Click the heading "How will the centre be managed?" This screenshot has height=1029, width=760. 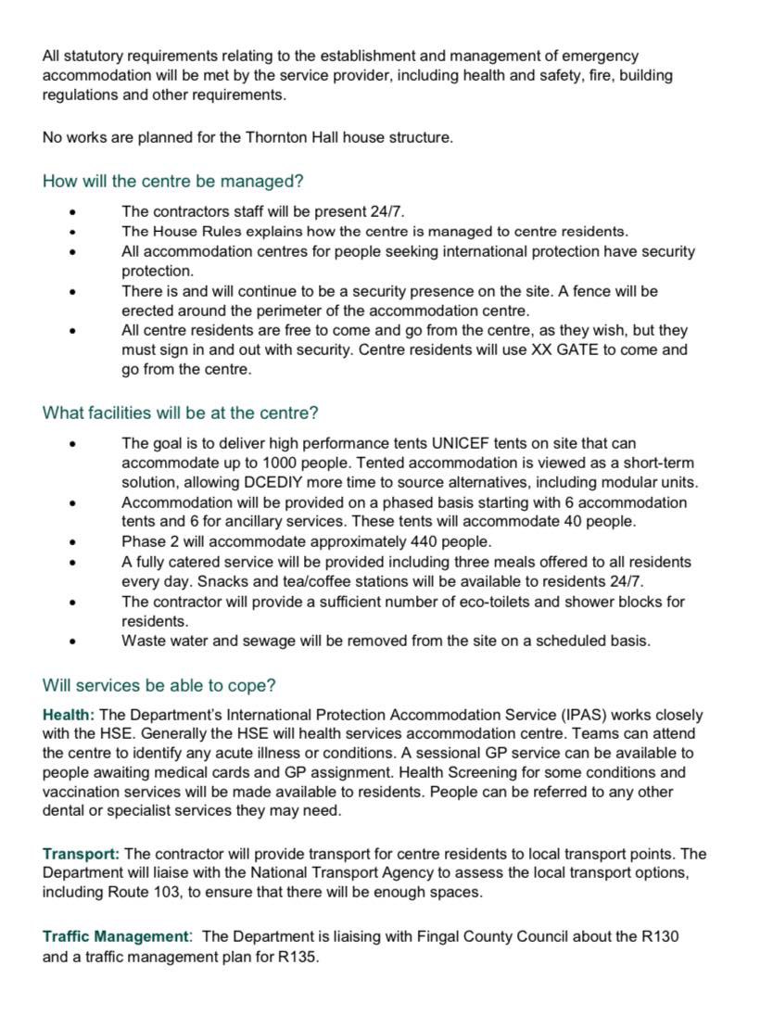pyautogui.click(x=173, y=181)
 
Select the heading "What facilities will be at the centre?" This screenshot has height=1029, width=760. pyautogui.click(x=181, y=413)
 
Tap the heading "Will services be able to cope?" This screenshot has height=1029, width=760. pyautogui.click(x=158, y=686)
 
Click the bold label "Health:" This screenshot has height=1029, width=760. pyautogui.click(x=69, y=715)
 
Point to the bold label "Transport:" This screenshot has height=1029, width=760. pyautogui.click(x=81, y=854)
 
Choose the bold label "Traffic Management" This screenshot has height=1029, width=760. pyautogui.click(x=115, y=936)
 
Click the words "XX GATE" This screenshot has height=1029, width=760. pyautogui.click(x=577, y=349)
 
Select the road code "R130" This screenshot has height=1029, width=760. pyautogui.click(x=659, y=936)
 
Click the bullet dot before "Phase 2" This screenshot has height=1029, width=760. pyautogui.click(x=72, y=541)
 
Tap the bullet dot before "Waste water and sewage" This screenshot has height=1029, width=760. pyautogui.click(x=72, y=641)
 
